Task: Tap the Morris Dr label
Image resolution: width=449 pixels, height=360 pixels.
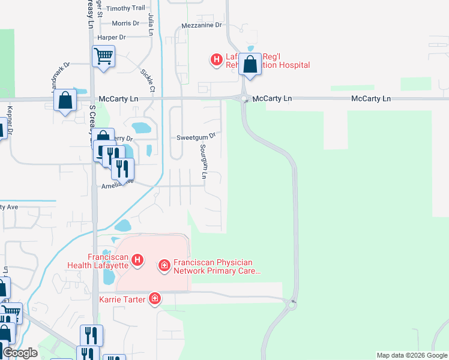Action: pos(125,23)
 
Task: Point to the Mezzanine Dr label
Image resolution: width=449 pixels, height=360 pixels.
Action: pos(202,26)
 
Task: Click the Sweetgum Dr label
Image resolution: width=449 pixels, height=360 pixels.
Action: pos(196,137)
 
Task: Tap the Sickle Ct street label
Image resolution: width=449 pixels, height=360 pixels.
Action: pos(148,80)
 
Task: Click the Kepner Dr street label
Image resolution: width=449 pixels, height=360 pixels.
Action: pos(10,121)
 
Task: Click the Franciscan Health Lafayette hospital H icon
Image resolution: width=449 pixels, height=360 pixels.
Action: pos(137,260)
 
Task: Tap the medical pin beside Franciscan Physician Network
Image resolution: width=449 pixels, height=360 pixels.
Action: pos(163,265)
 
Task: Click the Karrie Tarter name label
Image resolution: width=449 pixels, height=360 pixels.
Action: pos(122,299)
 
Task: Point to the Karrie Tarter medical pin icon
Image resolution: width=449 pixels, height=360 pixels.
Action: pos(155,298)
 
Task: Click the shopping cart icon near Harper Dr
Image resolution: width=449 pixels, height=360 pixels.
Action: pos(103,56)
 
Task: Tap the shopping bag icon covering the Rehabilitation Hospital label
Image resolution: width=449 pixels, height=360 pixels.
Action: pos(250,64)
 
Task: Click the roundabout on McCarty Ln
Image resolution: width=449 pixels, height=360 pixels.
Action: pos(244,99)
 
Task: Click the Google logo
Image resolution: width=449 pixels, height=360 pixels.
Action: pos(20,353)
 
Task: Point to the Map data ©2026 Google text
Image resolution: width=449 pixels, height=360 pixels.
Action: pos(411,355)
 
